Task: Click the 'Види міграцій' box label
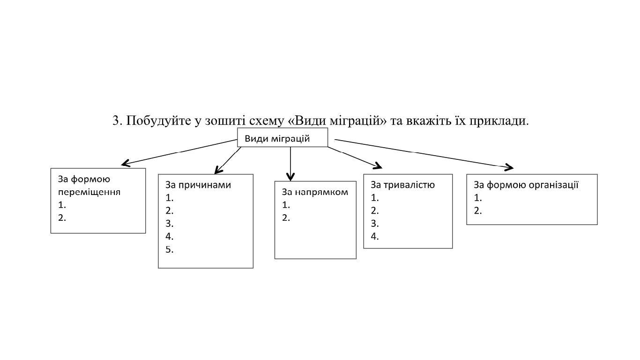[277, 139]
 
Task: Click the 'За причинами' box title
[198, 185]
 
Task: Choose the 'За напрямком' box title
[315, 192]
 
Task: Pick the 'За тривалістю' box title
[402, 185]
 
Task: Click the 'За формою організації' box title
[526, 185]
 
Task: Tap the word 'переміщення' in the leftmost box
[89, 192]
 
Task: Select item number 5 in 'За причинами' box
[170, 250]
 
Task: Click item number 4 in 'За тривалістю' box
[375, 236]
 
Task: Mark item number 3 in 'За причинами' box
[170, 224]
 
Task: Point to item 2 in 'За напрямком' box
[286, 218]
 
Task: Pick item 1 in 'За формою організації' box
[478, 198]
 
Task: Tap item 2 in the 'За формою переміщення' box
[62, 218]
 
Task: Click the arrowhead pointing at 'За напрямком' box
[290, 177]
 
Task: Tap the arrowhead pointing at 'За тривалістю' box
[379, 166]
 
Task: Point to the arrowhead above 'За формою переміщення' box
[125, 163]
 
